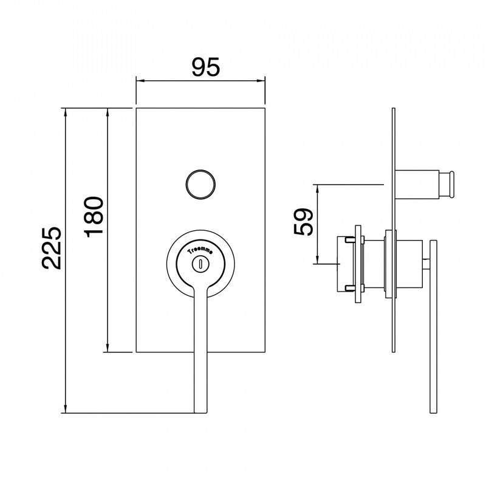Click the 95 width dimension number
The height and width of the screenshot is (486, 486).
pos(206,67)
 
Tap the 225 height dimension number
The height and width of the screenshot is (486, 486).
pos(52,248)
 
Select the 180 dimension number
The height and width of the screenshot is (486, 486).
pos(94,217)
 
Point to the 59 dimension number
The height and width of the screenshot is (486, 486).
pos(303,222)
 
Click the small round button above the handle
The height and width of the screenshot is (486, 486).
pos(200,185)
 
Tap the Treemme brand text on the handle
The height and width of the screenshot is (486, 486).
pos(200,251)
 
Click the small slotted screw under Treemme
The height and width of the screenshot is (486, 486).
pos(200,264)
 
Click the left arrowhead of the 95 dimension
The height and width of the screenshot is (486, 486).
pos(140,81)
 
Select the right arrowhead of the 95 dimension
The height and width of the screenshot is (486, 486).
pos(261,81)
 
